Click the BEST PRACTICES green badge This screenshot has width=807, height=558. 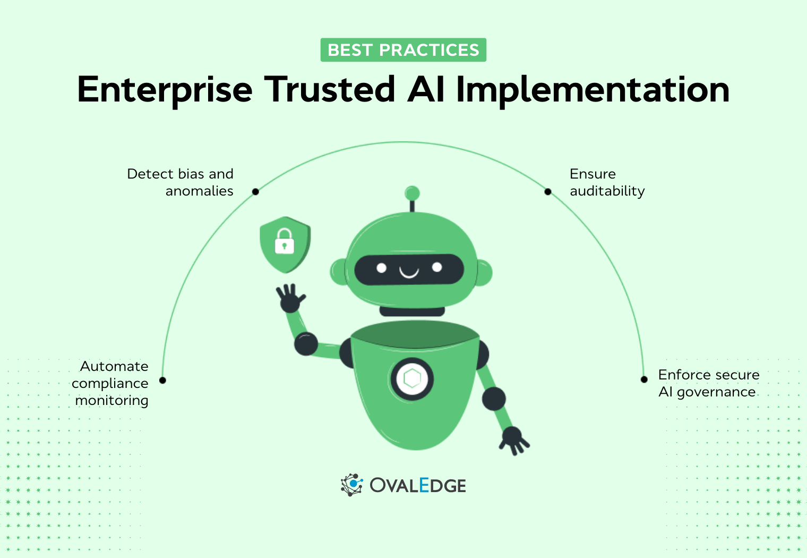(403, 50)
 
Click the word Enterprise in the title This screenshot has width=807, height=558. (165, 89)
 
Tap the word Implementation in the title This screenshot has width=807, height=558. (593, 89)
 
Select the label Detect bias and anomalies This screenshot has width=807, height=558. (181, 182)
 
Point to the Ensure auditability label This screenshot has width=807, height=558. (607, 182)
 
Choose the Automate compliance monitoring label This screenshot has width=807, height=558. (110, 383)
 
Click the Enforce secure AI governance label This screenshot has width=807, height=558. (708, 383)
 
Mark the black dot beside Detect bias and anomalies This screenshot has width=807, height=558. (255, 191)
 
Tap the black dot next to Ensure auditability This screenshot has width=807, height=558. (548, 191)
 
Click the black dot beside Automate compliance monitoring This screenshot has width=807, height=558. (162, 380)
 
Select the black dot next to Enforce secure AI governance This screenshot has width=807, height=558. (644, 379)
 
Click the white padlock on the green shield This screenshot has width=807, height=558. (284, 241)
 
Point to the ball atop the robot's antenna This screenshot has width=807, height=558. (412, 193)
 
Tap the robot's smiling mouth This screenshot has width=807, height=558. (409, 273)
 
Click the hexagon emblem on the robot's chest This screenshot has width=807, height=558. (412, 379)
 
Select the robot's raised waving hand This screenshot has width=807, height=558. (289, 298)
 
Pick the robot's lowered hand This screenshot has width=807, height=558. (513, 439)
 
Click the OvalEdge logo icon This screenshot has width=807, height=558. (351, 485)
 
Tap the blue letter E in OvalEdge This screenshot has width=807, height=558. (424, 485)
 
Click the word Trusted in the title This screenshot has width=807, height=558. (330, 89)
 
